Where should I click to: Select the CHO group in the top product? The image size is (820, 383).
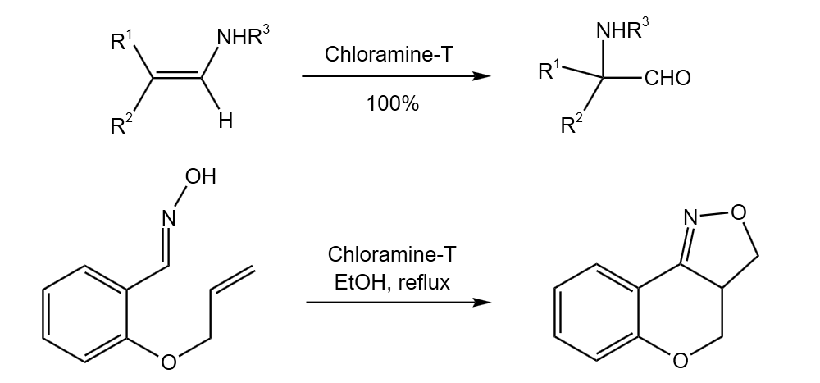click(x=667, y=79)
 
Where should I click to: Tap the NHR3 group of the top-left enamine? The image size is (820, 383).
click(x=242, y=38)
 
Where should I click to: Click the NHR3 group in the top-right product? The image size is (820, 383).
click(x=623, y=30)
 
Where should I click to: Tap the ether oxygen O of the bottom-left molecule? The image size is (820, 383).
click(x=167, y=362)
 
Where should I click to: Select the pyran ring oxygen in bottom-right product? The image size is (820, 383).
click(x=680, y=362)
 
